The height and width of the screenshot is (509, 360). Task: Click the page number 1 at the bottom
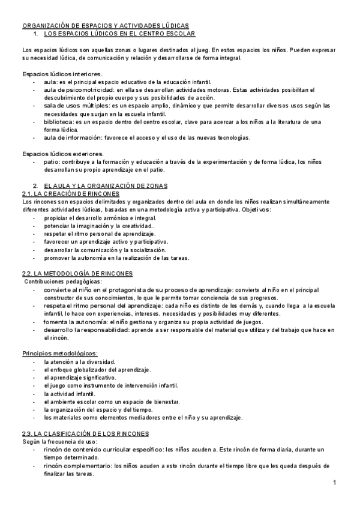pos(334,483)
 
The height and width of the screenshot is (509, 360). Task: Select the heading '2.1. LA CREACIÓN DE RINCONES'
pos(71,194)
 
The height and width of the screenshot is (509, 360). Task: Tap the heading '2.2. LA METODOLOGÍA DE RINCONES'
pos(77,273)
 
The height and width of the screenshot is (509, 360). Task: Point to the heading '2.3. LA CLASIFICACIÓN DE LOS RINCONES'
pos(85,433)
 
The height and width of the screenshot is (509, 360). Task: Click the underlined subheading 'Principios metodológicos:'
pos(60,353)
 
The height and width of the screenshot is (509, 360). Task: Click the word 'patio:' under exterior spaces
pos(52,161)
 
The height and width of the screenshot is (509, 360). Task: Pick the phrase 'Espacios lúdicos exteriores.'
pos(63,153)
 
